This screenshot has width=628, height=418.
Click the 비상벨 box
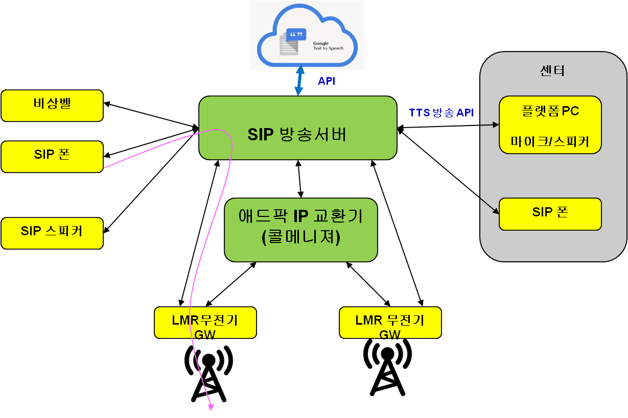point(52,106)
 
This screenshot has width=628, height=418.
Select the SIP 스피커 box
point(52,233)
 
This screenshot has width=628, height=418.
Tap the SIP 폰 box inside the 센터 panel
point(550,214)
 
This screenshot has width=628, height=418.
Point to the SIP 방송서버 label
point(297,134)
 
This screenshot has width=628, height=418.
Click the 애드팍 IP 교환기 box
point(300,230)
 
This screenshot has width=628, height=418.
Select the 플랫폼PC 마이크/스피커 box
point(550,125)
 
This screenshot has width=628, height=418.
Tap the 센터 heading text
point(551,71)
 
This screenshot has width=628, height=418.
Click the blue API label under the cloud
point(327,81)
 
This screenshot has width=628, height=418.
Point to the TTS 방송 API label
point(441,113)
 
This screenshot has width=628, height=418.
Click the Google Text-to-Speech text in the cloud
point(328,46)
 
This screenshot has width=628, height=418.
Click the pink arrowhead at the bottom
point(211,407)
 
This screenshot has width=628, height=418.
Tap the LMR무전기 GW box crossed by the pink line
point(205,323)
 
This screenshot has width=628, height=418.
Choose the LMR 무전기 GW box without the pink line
point(390,323)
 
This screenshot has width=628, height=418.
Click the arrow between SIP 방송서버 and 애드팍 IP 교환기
point(300,179)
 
